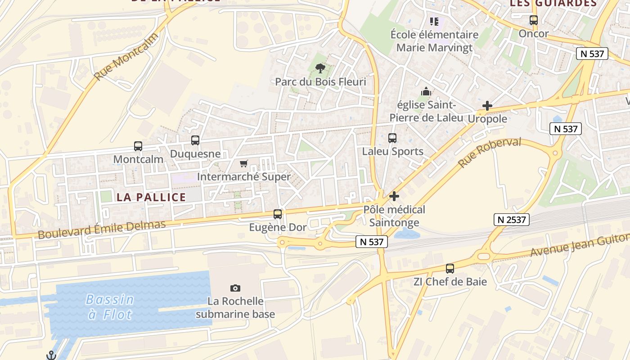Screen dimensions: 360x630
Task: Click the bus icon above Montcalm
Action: pyautogui.click(x=138, y=146)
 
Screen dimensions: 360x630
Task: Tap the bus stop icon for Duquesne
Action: pyautogui.click(x=195, y=140)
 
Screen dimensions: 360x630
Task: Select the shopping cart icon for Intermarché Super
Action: pyautogui.click(x=244, y=163)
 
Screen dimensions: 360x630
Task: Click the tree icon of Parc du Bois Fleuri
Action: pyautogui.click(x=320, y=68)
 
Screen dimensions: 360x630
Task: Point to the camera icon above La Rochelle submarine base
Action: pyautogui.click(x=235, y=288)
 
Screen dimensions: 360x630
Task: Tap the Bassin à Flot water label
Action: pyautogui.click(x=110, y=306)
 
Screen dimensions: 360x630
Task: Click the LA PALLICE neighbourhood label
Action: pyautogui.click(x=151, y=197)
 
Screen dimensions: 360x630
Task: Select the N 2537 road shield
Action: pyautogui.click(x=511, y=220)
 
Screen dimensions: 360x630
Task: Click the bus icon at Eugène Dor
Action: pyautogui.click(x=278, y=214)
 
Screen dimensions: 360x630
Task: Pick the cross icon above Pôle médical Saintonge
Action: pyautogui.click(x=394, y=196)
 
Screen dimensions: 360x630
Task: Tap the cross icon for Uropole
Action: pyautogui.click(x=487, y=106)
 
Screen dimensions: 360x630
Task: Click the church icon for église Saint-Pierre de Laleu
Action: pyautogui.click(x=426, y=92)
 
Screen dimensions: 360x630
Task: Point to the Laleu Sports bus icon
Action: pyautogui.click(x=392, y=138)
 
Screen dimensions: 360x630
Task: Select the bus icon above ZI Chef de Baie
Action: pyautogui.click(x=450, y=269)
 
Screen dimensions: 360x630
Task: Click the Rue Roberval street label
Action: pyautogui.click(x=490, y=153)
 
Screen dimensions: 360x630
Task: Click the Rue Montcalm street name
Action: pyautogui.click(x=126, y=57)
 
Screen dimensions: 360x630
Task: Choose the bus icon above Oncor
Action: pyautogui.click(x=534, y=20)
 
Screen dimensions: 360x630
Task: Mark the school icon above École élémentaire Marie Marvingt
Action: pyautogui.click(x=434, y=21)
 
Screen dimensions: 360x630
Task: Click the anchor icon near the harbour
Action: pyautogui.click(x=51, y=355)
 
